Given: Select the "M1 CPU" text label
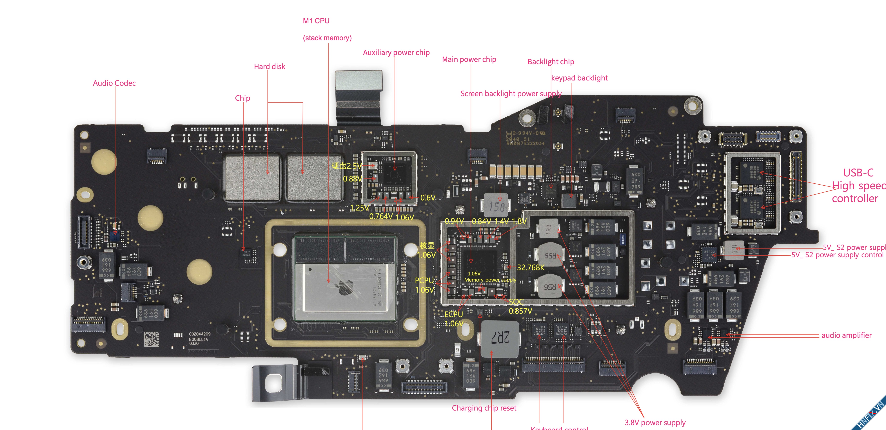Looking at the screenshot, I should coord(316,21).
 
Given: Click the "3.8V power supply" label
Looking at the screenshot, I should coord(655,422).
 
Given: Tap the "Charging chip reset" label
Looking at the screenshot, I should coord(484,408).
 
